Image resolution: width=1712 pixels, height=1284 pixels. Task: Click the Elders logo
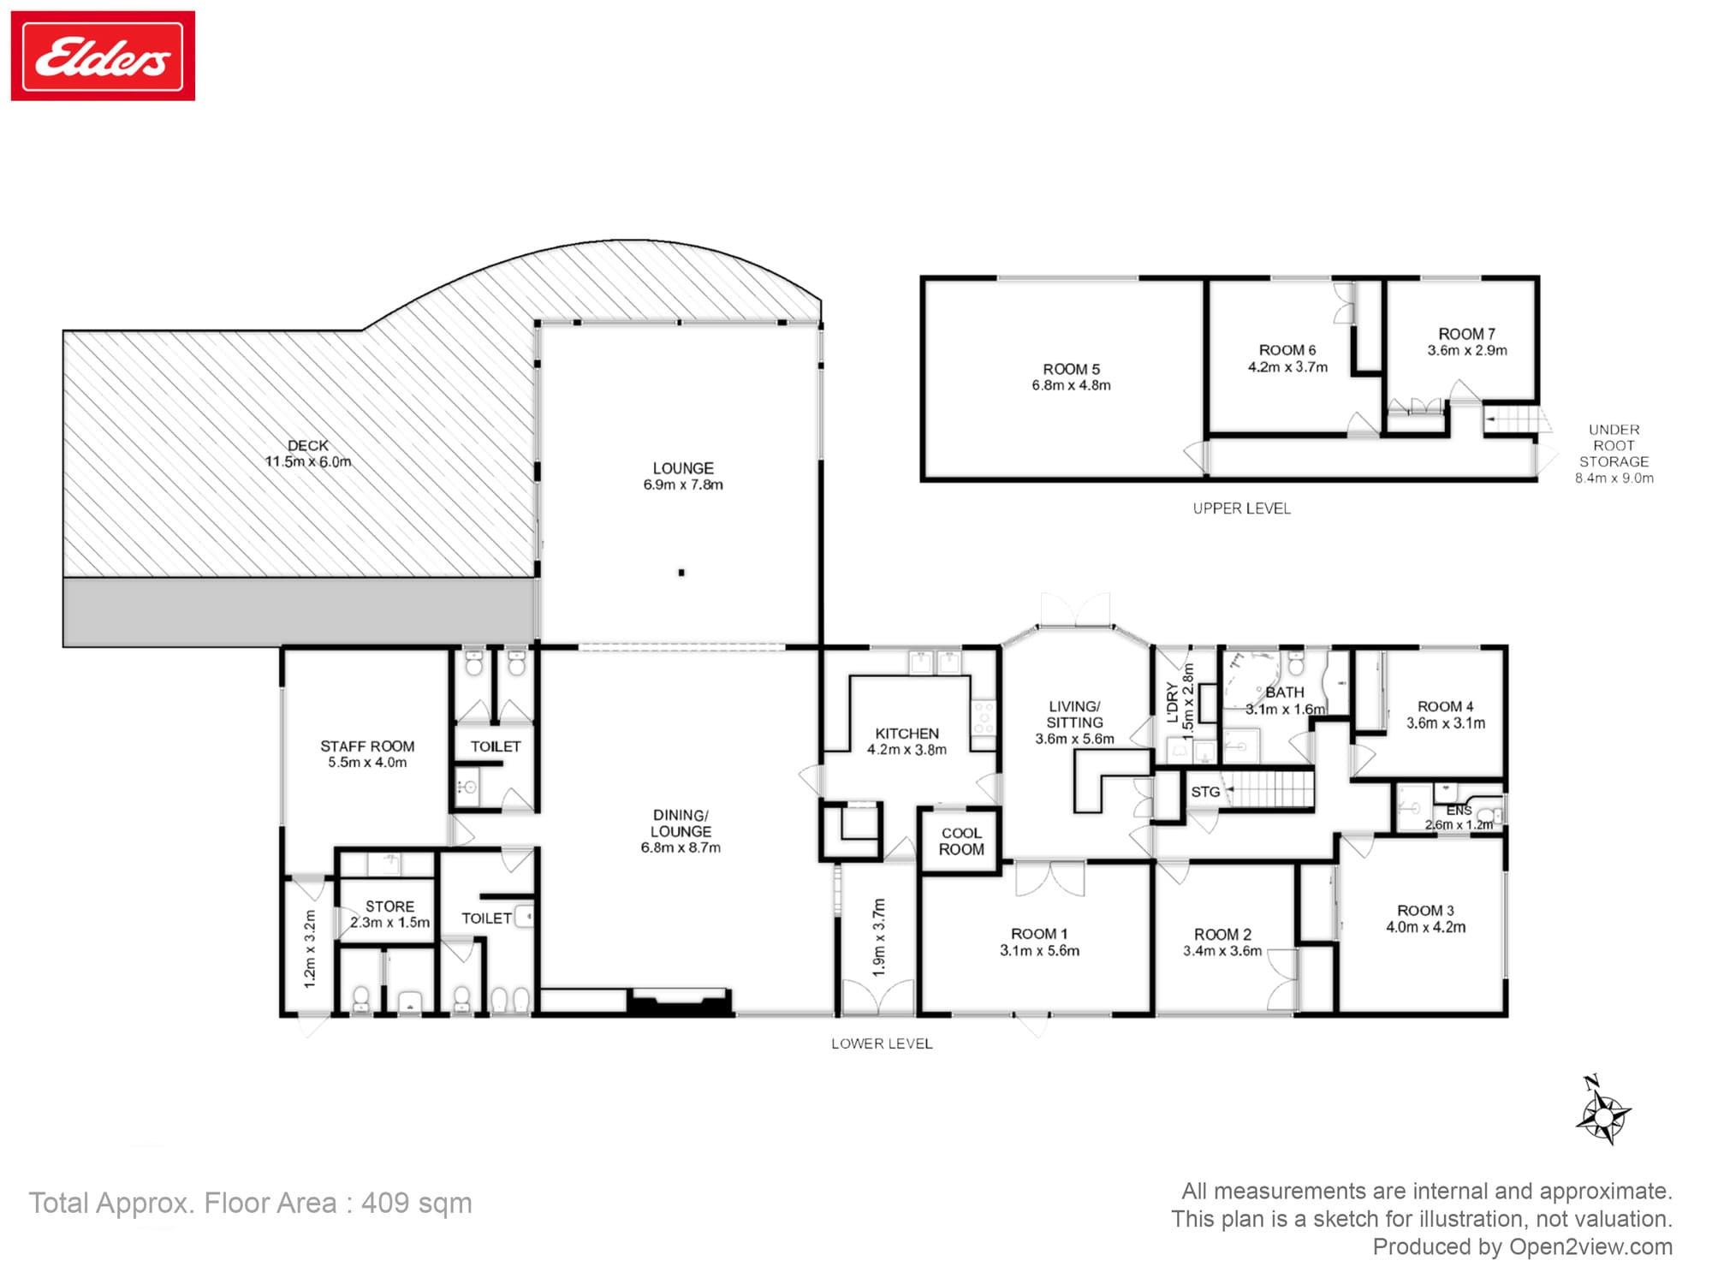[x=103, y=56]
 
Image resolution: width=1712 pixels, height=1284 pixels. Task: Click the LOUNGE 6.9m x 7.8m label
[x=683, y=476]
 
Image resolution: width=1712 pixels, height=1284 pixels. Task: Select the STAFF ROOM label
[x=367, y=754]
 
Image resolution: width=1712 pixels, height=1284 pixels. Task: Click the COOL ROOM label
[x=961, y=841]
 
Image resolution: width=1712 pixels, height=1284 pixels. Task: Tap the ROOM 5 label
[x=1071, y=377]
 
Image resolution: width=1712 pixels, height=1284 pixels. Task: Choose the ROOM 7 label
[x=1467, y=342]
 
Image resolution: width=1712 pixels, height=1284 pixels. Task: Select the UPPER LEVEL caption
[x=1241, y=508]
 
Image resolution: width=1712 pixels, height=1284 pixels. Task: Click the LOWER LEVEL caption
[x=882, y=1043]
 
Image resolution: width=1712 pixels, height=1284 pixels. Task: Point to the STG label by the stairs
[x=1205, y=792]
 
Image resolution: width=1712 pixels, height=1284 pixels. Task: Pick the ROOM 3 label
[x=1425, y=918]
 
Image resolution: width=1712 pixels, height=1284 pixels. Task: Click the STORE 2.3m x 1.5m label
[x=389, y=914]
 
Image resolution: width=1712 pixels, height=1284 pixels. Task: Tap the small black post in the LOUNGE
[x=681, y=573]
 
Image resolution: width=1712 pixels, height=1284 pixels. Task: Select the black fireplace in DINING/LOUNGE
[x=680, y=1002]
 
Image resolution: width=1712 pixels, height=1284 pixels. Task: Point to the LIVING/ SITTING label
[x=1074, y=722]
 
